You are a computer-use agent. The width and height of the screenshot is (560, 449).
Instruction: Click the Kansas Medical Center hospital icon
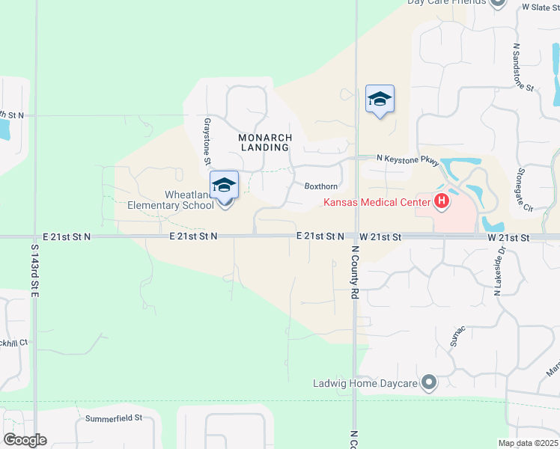442,201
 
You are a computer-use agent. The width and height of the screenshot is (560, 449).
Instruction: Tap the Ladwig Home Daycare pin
428,383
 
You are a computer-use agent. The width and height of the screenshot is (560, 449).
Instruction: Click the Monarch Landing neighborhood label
264,142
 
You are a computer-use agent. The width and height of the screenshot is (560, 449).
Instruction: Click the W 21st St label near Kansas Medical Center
380,236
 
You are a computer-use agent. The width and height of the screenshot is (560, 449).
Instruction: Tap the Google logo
25,440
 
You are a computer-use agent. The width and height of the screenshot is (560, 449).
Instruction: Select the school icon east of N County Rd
380,99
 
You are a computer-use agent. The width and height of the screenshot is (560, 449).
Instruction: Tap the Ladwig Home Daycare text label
365,384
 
